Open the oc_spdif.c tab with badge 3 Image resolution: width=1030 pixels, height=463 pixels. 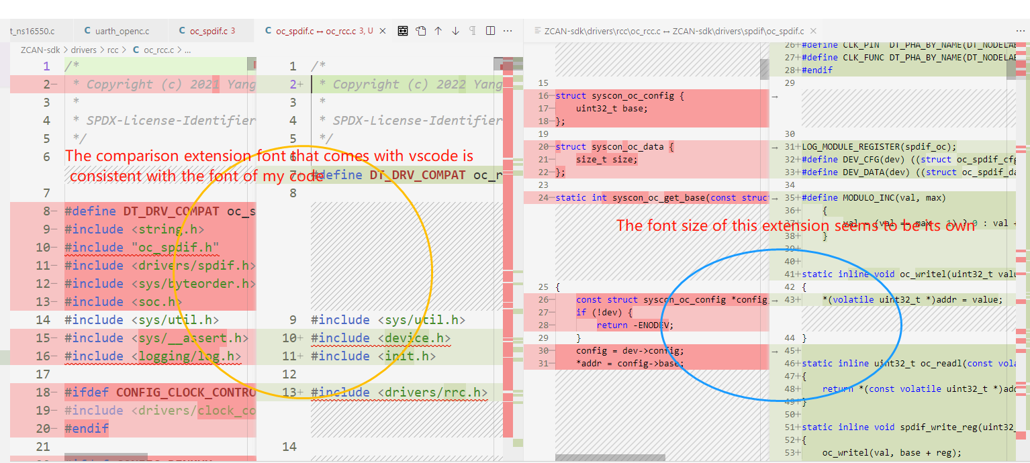point(208,31)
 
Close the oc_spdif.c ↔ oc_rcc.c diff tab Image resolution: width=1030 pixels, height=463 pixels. point(383,31)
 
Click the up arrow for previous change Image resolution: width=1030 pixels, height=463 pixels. point(438,31)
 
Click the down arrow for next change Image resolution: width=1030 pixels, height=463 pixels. point(455,31)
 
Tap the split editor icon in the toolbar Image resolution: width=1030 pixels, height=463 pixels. point(490,31)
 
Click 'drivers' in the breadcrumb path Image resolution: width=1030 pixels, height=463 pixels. point(84,50)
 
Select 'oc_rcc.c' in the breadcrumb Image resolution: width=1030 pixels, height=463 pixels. point(158,50)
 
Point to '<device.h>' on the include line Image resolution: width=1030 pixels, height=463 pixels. point(414,338)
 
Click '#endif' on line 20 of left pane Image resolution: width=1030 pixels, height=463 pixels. point(87,429)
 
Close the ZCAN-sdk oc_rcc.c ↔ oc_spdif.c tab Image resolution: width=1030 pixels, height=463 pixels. point(813,31)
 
